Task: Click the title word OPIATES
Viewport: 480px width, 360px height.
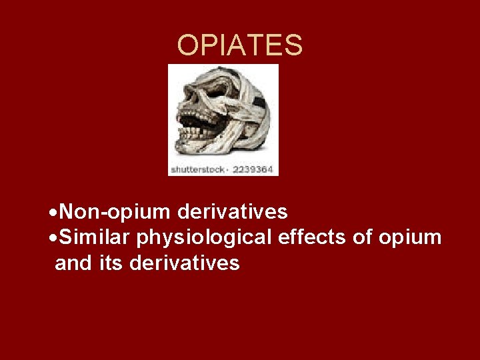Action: tap(240, 45)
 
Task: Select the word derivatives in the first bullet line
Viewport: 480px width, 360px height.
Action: tap(233, 212)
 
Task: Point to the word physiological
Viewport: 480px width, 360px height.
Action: tap(204, 237)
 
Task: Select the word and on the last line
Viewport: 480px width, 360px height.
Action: tap(73, 263)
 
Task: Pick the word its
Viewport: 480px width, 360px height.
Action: tap(111, 263)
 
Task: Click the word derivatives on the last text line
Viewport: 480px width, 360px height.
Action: tap(185, 263)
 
